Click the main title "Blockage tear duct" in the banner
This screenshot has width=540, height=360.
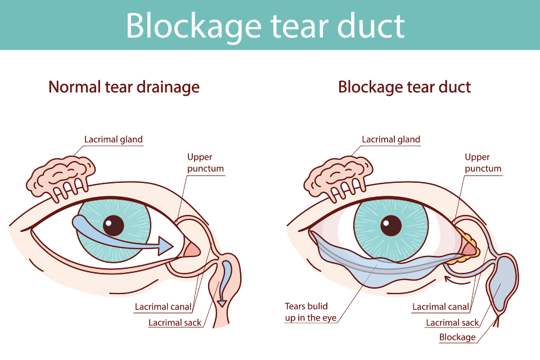[x=265, y=25]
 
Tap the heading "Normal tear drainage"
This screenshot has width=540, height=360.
[x=124, y=87]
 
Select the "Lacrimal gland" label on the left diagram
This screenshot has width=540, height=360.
[x=114, y=139]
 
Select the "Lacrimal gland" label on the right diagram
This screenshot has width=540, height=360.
[x=391, y=139]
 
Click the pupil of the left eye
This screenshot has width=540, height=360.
[x=114, y=226]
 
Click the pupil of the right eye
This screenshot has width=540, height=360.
[x=391, y=226]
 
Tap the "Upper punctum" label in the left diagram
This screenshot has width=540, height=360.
[x=205, y=163]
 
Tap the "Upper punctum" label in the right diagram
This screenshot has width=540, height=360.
[x=483, y=163]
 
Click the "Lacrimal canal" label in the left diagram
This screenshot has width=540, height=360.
[x=163, y=307]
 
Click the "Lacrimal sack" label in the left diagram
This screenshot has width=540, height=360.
[x=174, y=323]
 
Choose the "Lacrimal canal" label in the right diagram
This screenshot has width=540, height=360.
[x=440, y=307]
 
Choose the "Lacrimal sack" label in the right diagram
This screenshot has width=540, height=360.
[x=452, y=323]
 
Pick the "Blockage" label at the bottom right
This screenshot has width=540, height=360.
[x=457, y=337]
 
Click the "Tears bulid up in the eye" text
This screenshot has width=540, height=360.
[x=310, y=312]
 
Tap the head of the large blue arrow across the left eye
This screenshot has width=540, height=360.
[x=165, y=246]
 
